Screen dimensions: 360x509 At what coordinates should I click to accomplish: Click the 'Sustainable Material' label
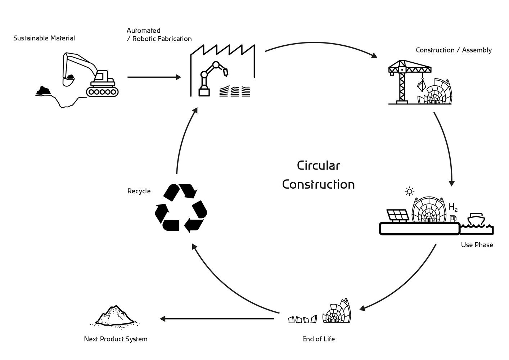44,38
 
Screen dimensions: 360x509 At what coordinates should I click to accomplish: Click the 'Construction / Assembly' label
454,50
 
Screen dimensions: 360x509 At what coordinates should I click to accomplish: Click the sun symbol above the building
409,191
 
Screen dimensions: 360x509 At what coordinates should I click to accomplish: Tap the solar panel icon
397,215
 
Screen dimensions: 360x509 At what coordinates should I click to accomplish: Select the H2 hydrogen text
453,207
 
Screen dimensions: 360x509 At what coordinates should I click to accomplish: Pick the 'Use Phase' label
477,245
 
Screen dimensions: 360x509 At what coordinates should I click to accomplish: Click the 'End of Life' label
318,339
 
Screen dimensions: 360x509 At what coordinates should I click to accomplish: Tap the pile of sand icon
115,316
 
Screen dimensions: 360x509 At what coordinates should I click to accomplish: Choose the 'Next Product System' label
116,339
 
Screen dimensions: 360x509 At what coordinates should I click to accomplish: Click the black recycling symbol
181,208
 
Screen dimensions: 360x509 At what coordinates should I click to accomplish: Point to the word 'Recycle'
139,191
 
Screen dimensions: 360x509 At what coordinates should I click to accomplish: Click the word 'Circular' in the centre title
318,166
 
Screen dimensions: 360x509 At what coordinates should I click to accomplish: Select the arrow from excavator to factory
154,77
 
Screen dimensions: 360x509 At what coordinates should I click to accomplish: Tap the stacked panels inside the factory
235,91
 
